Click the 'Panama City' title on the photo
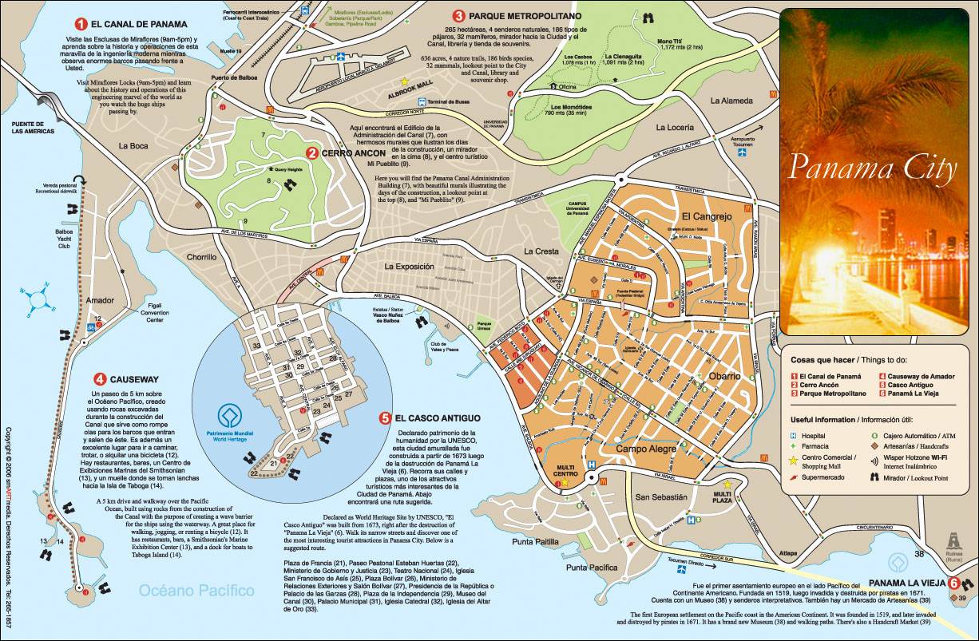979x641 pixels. [872, 168]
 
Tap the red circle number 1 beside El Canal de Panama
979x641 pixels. [80, 23]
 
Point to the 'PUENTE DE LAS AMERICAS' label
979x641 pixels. [32, 127]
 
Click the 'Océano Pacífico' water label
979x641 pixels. [196, 591]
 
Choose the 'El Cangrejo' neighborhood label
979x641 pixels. [706, 216]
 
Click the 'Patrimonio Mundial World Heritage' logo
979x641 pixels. [231, 417]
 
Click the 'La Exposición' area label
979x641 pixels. [409, 266]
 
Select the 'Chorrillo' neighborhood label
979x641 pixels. [201, 258]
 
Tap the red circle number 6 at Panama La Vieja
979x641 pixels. [953, 582]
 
